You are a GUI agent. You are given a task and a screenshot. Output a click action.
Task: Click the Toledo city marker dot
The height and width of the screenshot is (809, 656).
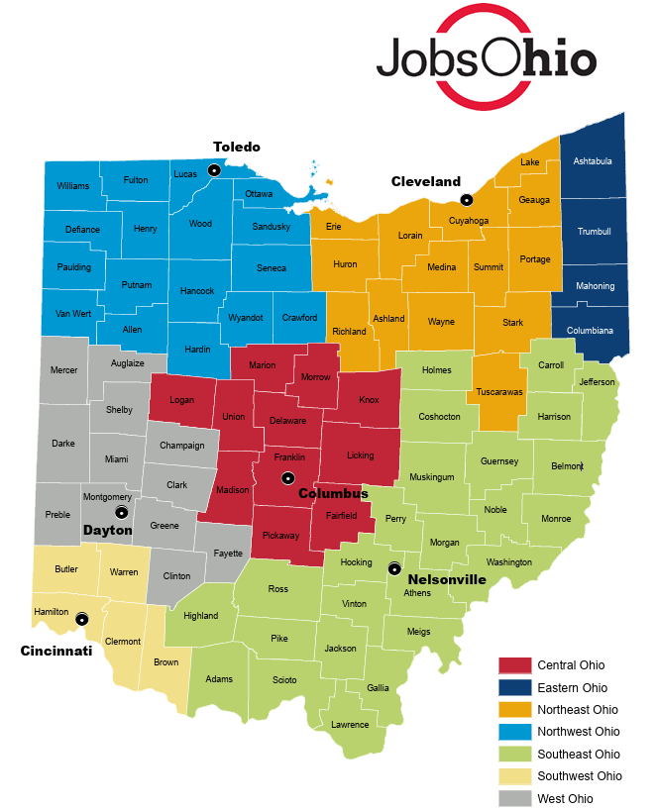[213, 171]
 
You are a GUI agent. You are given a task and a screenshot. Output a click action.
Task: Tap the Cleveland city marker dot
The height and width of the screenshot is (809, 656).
[467, 199]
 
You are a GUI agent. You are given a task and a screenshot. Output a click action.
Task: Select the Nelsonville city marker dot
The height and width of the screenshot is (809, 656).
[394, 568]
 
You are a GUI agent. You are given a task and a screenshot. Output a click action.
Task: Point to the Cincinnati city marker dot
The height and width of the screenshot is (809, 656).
[81, 618]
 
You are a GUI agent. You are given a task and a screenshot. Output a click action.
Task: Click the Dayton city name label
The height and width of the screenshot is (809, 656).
[107, 531]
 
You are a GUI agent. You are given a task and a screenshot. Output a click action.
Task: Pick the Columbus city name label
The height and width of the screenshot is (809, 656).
[333, 493]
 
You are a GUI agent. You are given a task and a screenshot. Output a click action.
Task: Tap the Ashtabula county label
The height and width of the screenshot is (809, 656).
[594, 161]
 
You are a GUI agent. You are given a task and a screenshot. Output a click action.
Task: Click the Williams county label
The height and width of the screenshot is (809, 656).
[72, 186]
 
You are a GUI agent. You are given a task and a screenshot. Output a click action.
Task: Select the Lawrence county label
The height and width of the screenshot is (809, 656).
[350, 724]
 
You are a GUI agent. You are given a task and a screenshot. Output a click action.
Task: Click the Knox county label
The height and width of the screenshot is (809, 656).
[369, 400]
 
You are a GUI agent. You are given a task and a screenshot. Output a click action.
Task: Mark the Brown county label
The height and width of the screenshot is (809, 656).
[166, 662]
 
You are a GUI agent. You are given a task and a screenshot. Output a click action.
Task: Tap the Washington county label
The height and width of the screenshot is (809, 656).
[509, 562]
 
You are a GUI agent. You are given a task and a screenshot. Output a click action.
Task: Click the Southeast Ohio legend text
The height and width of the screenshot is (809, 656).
[580, 754]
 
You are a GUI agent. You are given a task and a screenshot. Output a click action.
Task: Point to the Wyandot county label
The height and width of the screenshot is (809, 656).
[245, 318]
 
